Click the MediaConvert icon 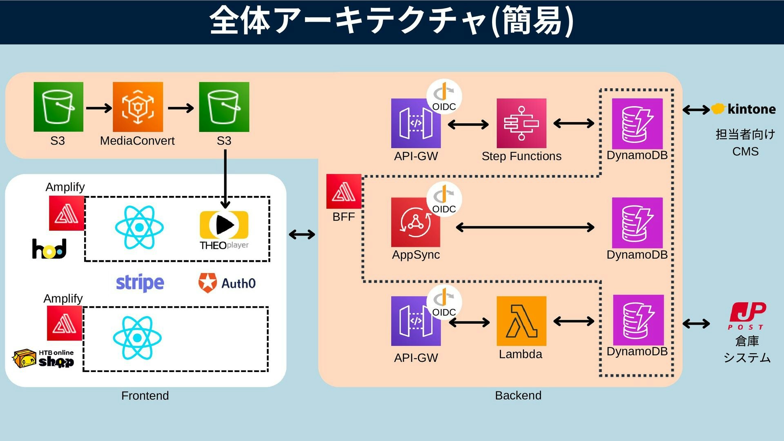tap(138, 107)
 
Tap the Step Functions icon tap(521, 123)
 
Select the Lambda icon tap(521, 321)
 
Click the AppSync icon tap(415, 223)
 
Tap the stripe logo tap(140, 283)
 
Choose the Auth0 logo tap(227, 283)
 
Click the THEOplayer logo tap(224, 230)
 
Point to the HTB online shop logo tap(43, 359)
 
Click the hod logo tap(49, 249)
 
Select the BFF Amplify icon tap(343, 192)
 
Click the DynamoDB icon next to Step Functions tap(637, 124)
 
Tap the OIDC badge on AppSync tap(444, 199)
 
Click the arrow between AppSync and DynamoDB tap(525, 227)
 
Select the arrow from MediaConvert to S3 tap(180, 108)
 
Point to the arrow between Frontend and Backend tap(302, 234)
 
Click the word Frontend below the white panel tap(145, 396)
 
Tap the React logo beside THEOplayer tap(139, 227)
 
